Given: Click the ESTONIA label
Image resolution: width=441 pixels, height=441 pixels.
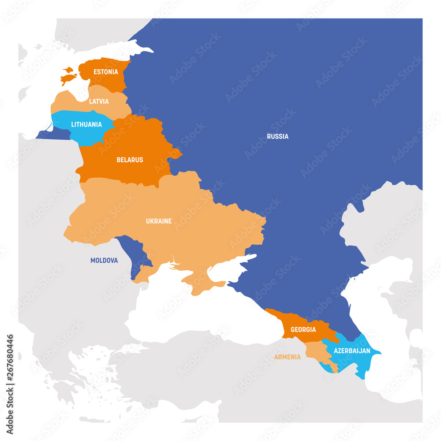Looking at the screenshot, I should coord(106,71).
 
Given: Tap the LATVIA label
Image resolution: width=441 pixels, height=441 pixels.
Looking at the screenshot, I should coord(99,101).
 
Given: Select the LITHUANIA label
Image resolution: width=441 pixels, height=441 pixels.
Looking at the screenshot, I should coord(86,124).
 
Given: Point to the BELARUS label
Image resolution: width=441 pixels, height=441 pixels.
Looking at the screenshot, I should coord(130,160).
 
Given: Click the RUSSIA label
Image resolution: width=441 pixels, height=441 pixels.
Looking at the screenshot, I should coord(278,136).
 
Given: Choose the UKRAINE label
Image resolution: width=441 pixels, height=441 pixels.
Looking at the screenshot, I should coord(159,221).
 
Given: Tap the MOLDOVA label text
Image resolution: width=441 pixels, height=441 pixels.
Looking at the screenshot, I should coord(104,260).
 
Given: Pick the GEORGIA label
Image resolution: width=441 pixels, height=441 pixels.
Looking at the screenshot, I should coord(303,329).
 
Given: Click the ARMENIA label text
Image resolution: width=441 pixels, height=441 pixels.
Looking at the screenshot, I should coord(288,357).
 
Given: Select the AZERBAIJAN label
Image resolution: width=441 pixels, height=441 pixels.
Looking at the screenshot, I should coord(352,351).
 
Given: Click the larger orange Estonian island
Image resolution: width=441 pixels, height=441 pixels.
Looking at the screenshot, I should coord(68,79).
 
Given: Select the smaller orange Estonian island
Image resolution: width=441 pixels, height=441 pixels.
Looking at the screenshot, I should coord(68,69).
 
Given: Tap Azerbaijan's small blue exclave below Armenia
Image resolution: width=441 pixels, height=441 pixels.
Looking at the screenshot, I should coord(328,366).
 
